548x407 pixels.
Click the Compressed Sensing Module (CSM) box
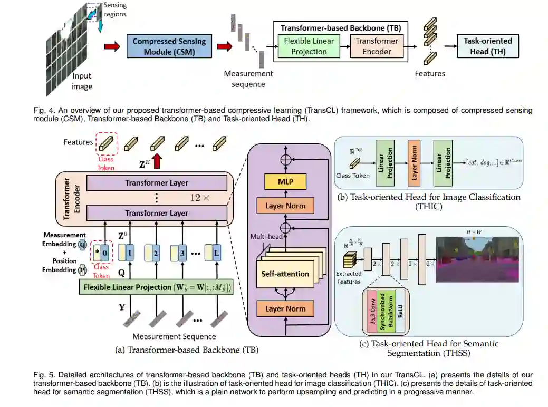pyautogui.click(x=169, y=46)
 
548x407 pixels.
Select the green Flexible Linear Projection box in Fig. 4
pyautogui.click(x=309, y=46)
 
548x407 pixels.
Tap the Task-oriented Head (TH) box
pyautogui.click(x=487, y=46)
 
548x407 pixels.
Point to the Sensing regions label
pyautogui.click(x=115, y=9)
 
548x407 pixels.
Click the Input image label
pyautogui.click(x=82, y=81)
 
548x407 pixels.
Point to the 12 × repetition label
pyautogui.click(x=201, y=198)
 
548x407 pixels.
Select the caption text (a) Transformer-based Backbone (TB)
pyautogui.click(x=187, y=349)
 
